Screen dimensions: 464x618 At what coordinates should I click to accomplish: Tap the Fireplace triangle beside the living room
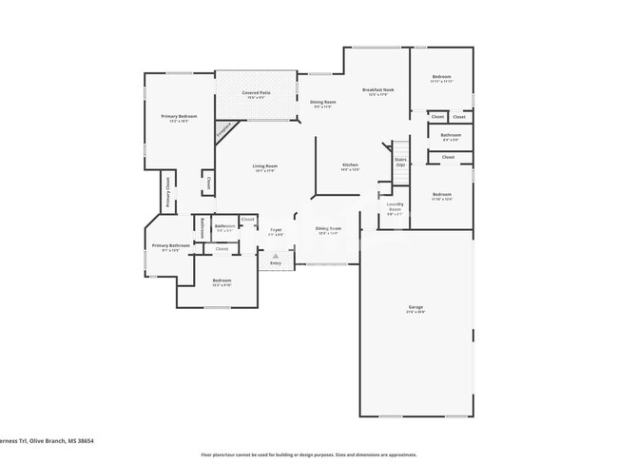(x=224, y=131)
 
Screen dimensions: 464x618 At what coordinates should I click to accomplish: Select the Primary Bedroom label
(x=179, y=117)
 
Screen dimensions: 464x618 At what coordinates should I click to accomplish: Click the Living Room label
(x=264, y=167)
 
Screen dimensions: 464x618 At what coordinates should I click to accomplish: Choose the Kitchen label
(x=350, y=165)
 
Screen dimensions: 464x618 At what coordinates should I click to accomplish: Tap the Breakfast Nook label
(x=378, y=90)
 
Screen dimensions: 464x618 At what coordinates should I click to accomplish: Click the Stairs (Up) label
(x=400, y=162)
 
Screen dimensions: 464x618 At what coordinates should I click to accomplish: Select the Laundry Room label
(x=395, y=206)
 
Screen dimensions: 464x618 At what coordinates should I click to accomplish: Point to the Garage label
(x=415, y=308)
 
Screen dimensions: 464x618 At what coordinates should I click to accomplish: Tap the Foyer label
(x=276, y=230)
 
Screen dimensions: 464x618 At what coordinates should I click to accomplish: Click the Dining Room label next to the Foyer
(x=328, y=229)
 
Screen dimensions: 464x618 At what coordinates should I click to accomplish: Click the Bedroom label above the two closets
(x=441, y=77)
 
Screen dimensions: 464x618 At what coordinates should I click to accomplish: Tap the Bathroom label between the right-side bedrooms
(x=450, y=136)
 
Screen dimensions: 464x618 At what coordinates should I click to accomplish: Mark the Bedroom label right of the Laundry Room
(x=441, y=197)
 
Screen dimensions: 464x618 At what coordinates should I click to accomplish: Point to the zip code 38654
(x=84, y=441)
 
